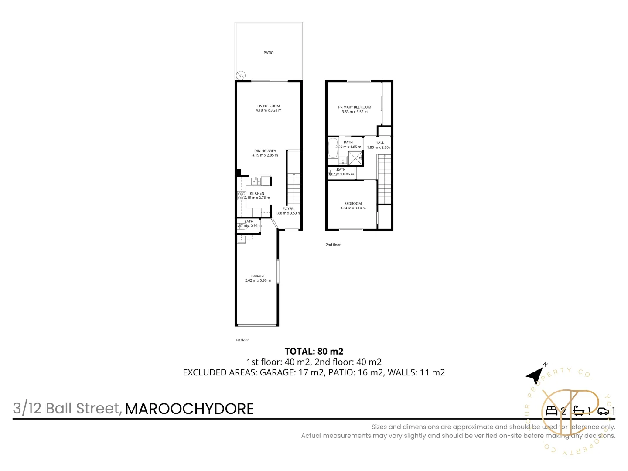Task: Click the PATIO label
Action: coord(269,53)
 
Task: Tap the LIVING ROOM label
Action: coord(269,106)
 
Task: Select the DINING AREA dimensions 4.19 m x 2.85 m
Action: coord(265,155)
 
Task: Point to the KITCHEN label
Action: coord(257,193)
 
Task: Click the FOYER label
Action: coord(288,208)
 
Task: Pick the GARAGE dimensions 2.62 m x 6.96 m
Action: coord(258,280)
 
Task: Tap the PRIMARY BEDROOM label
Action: coord(355,107)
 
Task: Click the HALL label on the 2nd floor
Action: coord(380,143)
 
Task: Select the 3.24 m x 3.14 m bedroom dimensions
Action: coord(353,208)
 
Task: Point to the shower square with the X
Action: coord(355,158)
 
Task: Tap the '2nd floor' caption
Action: coord(333,245)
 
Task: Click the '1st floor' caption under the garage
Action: coord(242,340)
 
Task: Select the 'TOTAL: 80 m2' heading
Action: coord(314,351)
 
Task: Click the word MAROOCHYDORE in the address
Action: coord(189,409)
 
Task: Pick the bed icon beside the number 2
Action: coord(552,410)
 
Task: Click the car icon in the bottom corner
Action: coord(603,411)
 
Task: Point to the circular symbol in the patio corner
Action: coord(241,75)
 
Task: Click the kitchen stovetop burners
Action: coord(241,196)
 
